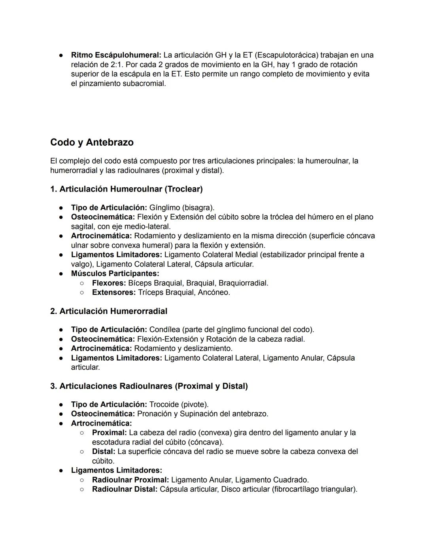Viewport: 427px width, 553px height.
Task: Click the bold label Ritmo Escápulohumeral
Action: [x=116, y=55]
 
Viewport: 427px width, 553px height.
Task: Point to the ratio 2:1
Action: [x=117, y=65]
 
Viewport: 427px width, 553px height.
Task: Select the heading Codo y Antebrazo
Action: [x=92, y=142]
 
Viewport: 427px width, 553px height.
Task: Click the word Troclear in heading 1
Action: [x=184, y=189]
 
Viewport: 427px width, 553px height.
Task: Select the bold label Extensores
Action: [x=113, y=293]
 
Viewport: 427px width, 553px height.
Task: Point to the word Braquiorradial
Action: [x=243, y=283]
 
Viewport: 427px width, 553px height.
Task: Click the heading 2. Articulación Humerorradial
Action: [x=109, y=311]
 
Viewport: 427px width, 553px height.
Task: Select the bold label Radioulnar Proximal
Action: [x=130, y=480]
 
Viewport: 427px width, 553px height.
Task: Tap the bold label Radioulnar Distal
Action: [x=125, y=489]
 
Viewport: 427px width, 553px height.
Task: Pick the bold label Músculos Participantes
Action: [x=115, y=274]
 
